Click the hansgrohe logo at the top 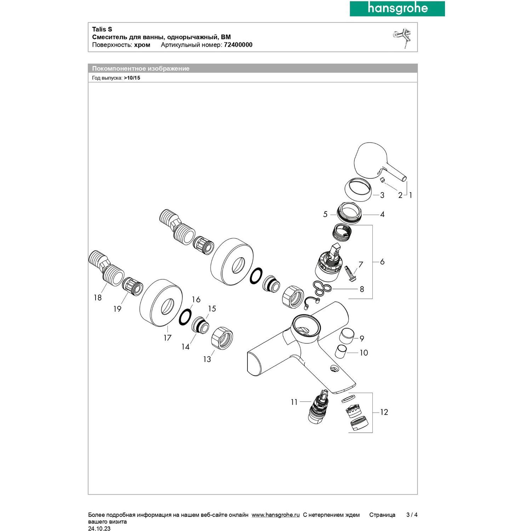(x=397, y=8)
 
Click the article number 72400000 (x=238, y=45)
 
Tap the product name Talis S (x=102, y=29)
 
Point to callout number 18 (x=98, y=298)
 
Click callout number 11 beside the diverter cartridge (x=294, y=402)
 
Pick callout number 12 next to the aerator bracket (x=384, y=412)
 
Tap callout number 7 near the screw (x=361, y=264)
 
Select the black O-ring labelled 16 (x=185, y=317)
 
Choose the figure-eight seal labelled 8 (x=321, y=288)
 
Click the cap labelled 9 (x=346, y=335)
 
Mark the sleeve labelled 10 (x=342, y=352)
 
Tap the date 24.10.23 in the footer (x=99, y=529)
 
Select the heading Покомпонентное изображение (x=141, y=69)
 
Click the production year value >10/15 (x=132, y=78)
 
